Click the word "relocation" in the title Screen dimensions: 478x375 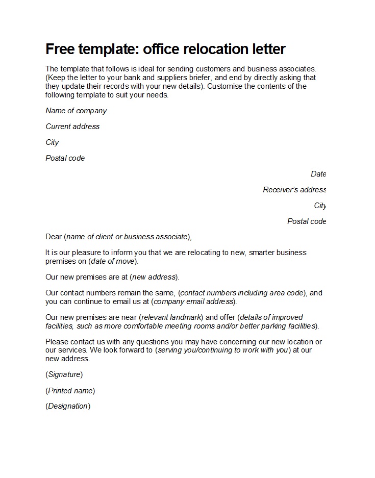210,49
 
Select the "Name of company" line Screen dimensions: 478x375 76,111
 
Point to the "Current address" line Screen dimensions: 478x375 72,127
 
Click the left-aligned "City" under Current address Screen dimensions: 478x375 52,142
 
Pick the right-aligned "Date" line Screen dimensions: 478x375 318,174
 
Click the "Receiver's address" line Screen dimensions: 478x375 294,190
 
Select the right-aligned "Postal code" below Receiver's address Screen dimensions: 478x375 306,221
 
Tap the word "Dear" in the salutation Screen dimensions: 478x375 54,237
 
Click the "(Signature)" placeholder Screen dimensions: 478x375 64,374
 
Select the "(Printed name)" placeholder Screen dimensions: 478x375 70,391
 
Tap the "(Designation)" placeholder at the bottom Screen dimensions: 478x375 68,407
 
